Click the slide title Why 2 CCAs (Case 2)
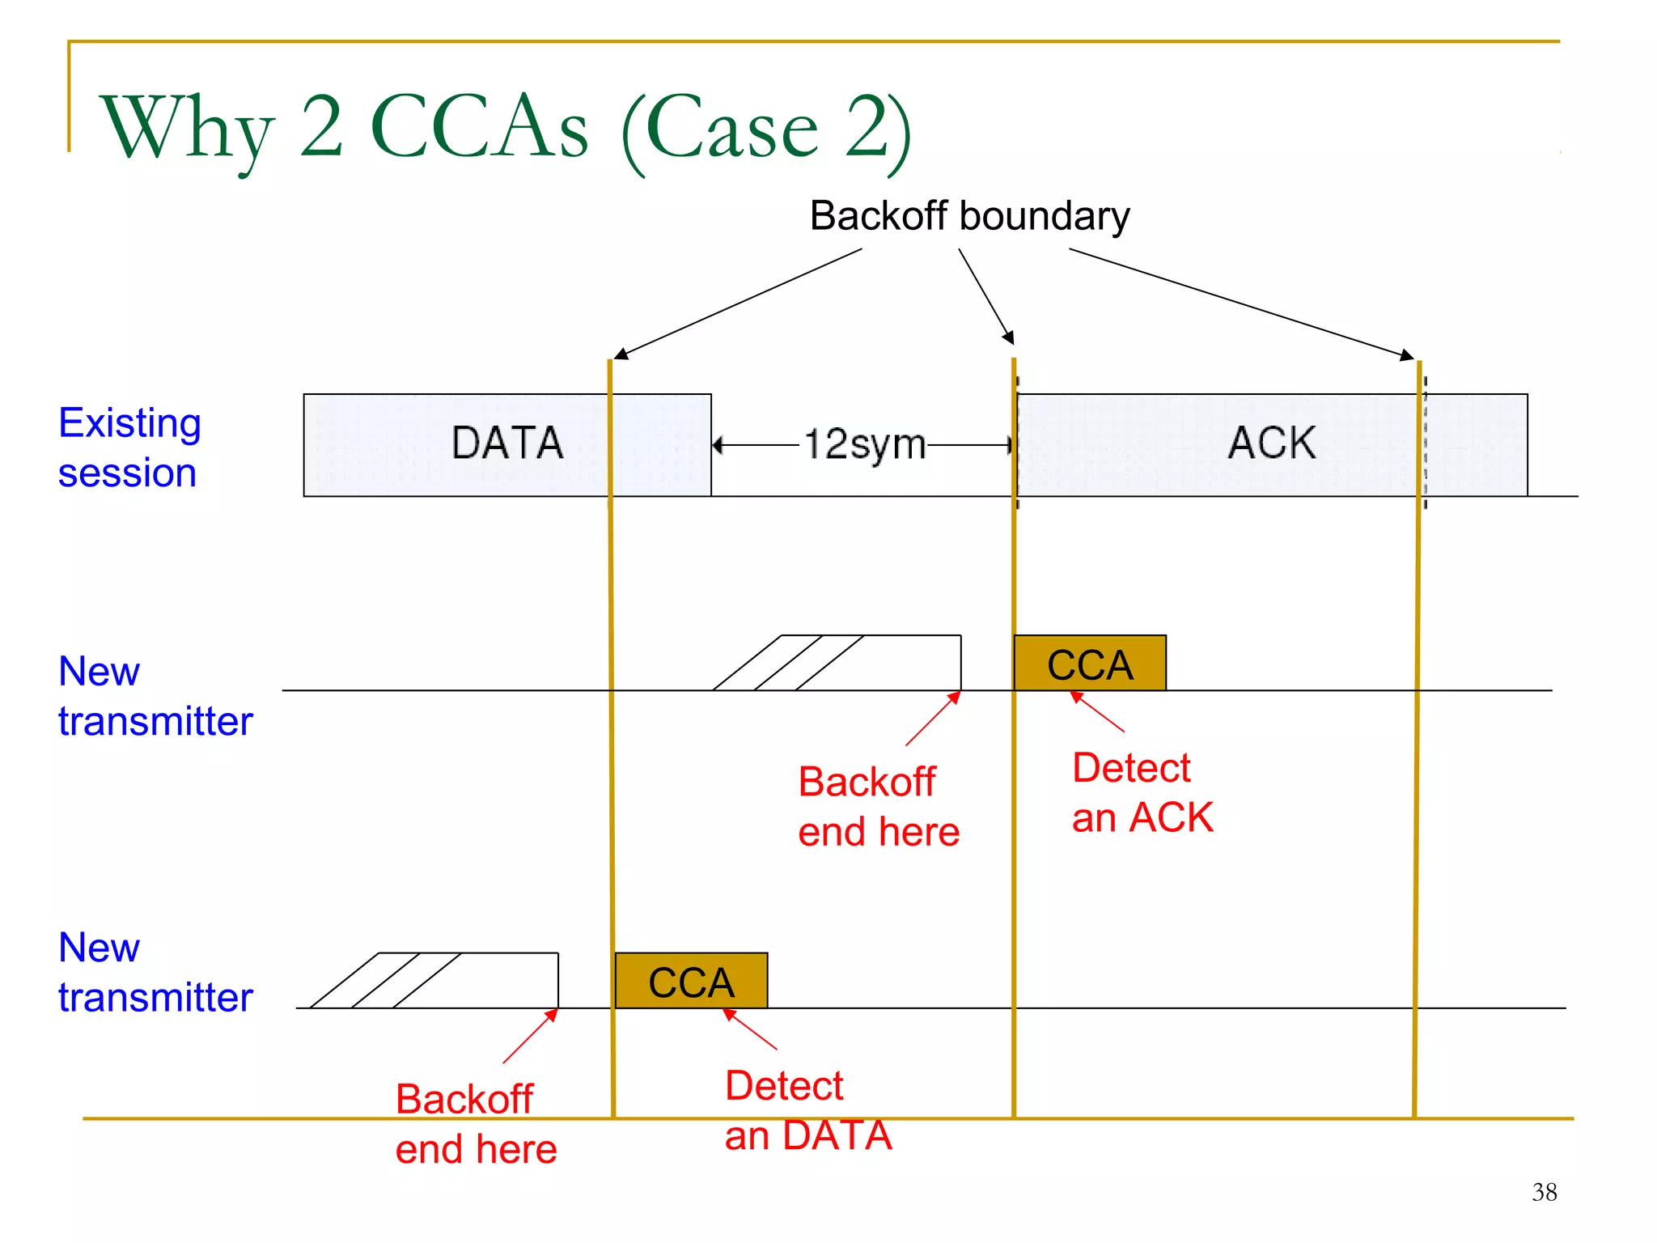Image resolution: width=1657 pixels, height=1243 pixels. tap(506, 128)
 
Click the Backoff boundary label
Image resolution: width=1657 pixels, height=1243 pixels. tap(969, 216)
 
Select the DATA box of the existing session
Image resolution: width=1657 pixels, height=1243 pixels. tap(506, 444)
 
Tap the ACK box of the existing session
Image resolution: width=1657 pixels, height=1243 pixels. tap(1271, 444)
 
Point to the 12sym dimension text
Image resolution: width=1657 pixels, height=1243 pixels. tap(864, 444)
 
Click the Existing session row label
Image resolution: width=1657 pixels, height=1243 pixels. tap(129, 448)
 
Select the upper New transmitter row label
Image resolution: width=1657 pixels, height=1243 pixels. tap(155, 696)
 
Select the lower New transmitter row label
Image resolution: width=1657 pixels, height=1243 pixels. tap(155, 972)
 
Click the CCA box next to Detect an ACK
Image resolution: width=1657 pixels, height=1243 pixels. tap(1089, 664)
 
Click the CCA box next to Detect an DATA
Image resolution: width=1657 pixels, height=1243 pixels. tap(691, 981)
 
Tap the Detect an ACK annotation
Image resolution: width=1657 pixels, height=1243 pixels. tap(1142, 792)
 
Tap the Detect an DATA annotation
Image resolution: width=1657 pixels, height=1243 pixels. tap(807, 1110)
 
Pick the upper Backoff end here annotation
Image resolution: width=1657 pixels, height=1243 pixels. tap(878, 807)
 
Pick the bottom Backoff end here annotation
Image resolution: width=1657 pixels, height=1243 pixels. tap(476, 1124)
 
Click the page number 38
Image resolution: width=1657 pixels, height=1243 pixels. tap(1544, 1192)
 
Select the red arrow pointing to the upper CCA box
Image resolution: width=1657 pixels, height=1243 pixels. tap(1097, 711)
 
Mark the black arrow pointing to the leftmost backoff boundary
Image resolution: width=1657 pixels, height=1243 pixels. tap(738, 303)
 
